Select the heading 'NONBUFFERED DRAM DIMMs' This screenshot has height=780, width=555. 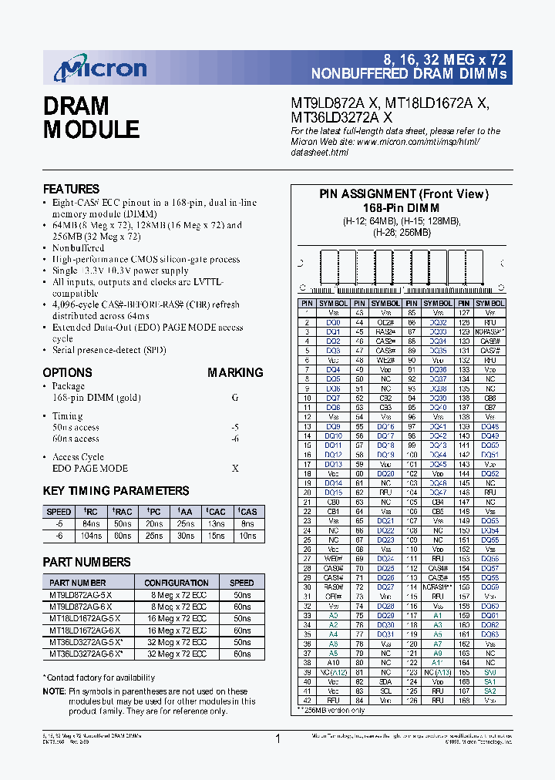point(409,75)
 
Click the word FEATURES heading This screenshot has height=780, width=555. point(71,189)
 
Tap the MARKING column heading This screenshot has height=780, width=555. point(235,372)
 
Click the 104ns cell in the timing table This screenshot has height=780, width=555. point(91,535)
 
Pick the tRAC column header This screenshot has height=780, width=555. point(122,511)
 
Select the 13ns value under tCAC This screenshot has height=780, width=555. point(216,523)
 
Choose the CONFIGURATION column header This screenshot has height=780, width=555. point(177,583)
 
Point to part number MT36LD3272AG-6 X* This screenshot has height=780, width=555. point(86,653)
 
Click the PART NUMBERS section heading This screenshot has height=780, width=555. point(86,562)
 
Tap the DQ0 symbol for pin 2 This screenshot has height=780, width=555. point(332,322)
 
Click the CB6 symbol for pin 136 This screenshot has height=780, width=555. point(490,398)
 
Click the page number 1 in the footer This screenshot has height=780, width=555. point(277,739)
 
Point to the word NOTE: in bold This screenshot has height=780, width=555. point(54,691)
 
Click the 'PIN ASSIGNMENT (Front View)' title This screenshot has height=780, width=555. point(404,194)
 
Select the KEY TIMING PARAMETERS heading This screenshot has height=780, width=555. point(116,491)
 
